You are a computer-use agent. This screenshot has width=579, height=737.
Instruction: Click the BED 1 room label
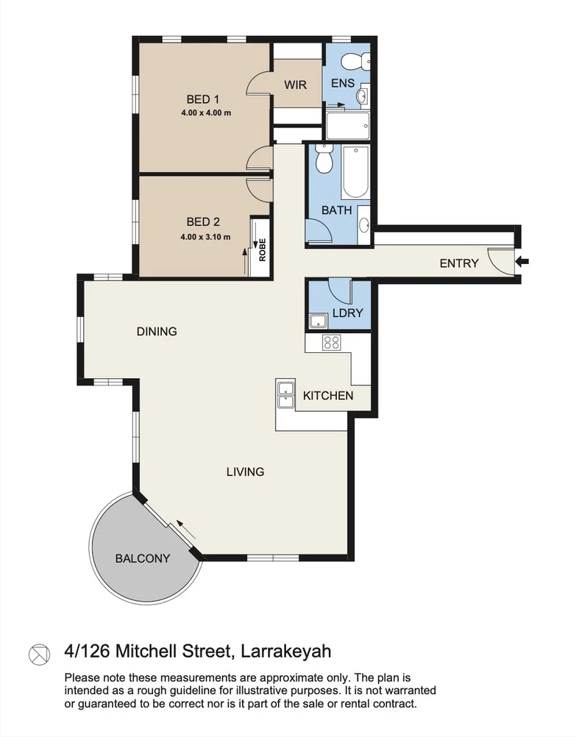point(202,99)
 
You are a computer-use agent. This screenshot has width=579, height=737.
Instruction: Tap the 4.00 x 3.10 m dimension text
point(205,237)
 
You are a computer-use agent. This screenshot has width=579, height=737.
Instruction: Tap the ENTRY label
point(458,263)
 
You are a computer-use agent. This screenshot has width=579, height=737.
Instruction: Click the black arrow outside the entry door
point(522,261)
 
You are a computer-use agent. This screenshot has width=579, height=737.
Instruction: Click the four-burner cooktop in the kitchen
point(332,342)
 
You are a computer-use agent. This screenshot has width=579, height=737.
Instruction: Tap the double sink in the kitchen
point(285,394)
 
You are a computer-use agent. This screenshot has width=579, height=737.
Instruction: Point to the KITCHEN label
point(328,396)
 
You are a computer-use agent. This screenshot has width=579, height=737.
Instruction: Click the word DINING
point(157,332)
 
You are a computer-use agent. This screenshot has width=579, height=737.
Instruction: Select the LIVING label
point(245,471)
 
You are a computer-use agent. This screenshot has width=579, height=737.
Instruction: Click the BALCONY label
point(143,558)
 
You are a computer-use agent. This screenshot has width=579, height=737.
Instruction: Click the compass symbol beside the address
point(38,652)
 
